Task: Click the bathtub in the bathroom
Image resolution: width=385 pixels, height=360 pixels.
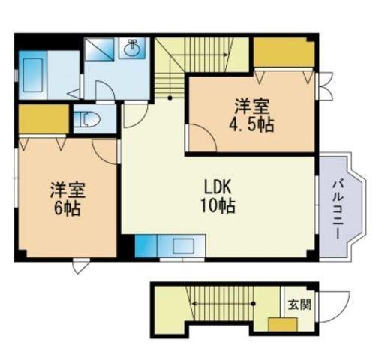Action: (x=33, y=75)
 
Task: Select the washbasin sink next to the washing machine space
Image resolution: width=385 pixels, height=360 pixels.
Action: (x=131, y=49)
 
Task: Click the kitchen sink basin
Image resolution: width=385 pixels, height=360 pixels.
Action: (x=184, y=246)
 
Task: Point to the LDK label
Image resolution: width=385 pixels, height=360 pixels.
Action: (x=218, y=187)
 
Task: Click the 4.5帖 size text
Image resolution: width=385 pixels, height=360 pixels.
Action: (x=252, y=124)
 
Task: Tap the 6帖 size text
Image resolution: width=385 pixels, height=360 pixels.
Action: (x=68, y=209)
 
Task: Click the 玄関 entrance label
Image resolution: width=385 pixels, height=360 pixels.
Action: (x=299, y=304)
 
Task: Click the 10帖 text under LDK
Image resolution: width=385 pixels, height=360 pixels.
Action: (x=218, y=205)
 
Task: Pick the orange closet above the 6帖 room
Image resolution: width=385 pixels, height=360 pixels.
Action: (x=44, y=119)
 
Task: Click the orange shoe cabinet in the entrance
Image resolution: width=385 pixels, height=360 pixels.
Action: (x=283, y=325)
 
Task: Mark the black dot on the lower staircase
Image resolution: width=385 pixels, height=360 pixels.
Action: (x=254, y=304)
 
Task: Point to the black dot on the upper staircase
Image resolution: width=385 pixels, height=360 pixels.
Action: (x=170, y=98)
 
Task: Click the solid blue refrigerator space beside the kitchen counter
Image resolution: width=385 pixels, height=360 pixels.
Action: (x=146, y=246)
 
